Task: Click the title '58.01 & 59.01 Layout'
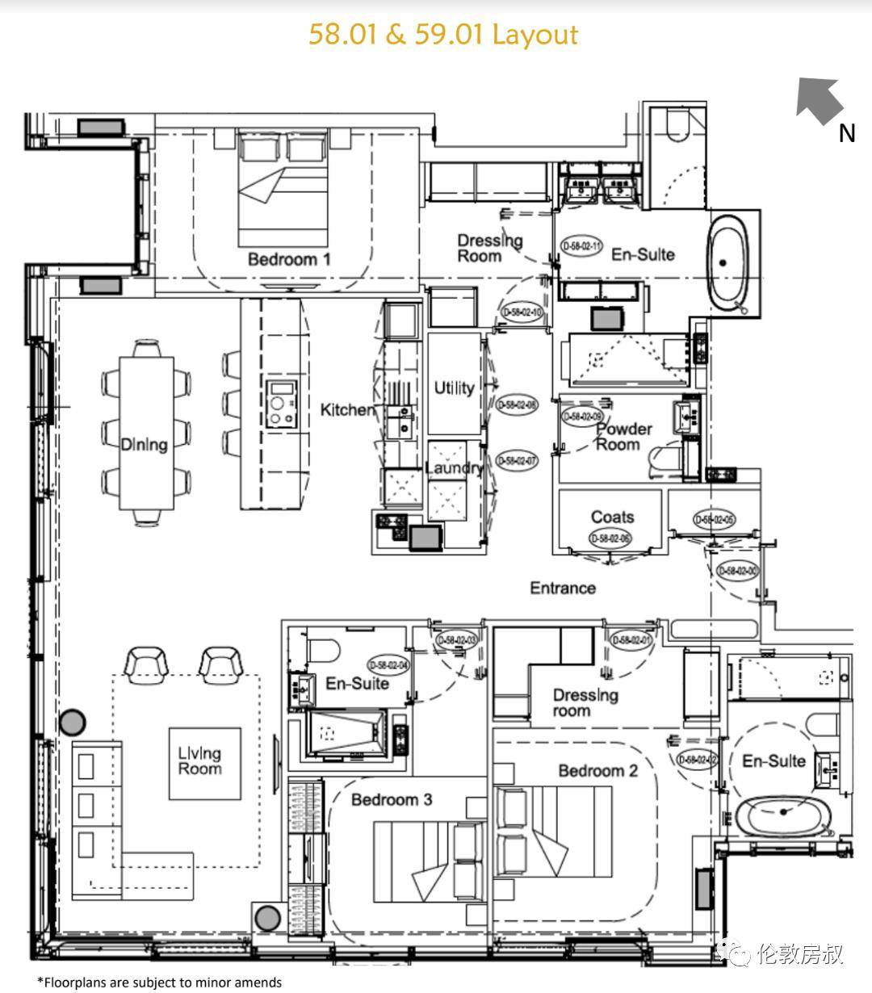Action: (x=443, y=35)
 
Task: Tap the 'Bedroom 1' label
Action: (x=289, y=259)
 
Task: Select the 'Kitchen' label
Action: (x=348, y=410)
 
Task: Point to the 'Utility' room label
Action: (x=454, y=388)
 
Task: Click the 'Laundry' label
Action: (x=454, y=468)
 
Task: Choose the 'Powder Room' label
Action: (x=623, y=437)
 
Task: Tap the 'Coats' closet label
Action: (x=612, y=517)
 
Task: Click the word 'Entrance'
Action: (x=563, y=588)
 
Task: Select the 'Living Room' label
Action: (x=199, y=761)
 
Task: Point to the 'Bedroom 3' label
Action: (x=392, y=799)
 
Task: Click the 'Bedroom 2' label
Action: (x=597, y=771)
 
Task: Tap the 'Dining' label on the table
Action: (x=145, y=444)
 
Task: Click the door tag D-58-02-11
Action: (x=581, y=246)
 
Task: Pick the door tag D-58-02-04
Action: (x=388, y=665)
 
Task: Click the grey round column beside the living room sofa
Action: (x=74, y=720)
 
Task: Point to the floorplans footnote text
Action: (x=160, y=983)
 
